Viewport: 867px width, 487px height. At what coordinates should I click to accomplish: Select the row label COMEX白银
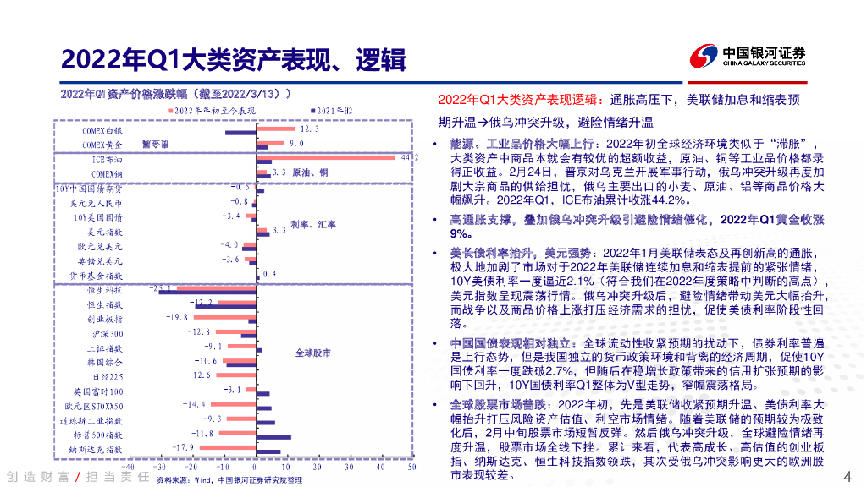click(102, 131)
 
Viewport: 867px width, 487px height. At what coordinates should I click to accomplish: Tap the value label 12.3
click(308, 129)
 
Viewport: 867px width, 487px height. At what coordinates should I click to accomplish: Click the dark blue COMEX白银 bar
click(240, 134)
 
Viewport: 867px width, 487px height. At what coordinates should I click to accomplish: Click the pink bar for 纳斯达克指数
click(228, 446)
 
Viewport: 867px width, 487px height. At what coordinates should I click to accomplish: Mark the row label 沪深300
click(105, 333)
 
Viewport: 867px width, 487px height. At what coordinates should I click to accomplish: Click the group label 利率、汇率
click(312, 225)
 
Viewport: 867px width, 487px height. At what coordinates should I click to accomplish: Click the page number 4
click(848, 474)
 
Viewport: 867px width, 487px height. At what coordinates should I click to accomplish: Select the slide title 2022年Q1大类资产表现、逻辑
click(233, 59)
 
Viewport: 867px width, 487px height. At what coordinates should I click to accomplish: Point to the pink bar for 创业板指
click(224, 317)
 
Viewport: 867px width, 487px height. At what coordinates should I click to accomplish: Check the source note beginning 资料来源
click(229, 479)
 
